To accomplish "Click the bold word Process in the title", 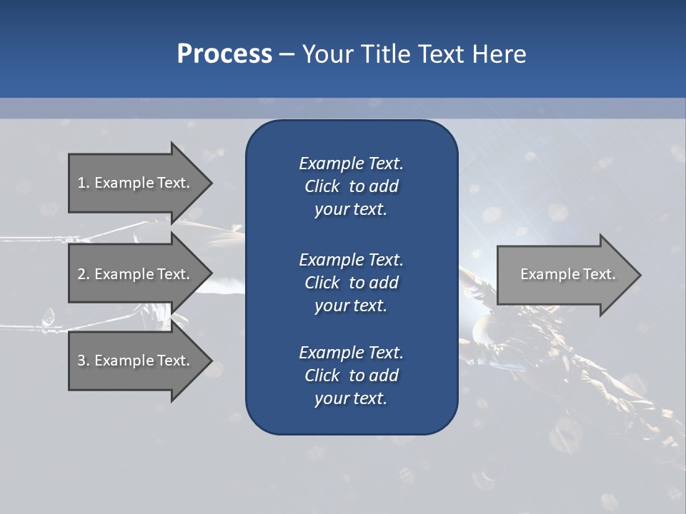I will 224,54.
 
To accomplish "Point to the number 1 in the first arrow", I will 81,183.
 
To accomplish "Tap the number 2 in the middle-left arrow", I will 81,274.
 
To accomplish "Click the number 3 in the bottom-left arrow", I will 81,361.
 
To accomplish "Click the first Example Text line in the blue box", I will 351,163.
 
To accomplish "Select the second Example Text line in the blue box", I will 351,259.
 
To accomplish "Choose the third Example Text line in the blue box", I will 351,353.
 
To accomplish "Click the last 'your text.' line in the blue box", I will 351,399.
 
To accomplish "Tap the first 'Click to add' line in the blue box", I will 351,186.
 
